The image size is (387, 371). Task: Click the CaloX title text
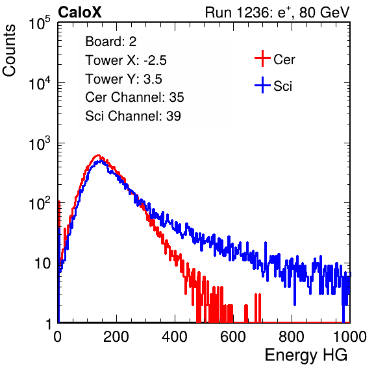tap(80, 12)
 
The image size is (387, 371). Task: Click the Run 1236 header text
tap(277, 12)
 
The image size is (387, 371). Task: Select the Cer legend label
tap(284, 60)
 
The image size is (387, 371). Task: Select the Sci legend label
tap(282, 86)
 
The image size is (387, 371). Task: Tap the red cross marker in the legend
tap(262, 58)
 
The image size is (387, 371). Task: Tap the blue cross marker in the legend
tap(262, 85)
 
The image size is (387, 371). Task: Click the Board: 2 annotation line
tap(111, 42)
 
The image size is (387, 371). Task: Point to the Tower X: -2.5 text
tap(126, 60)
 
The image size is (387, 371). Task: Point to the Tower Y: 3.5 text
tap(123, 79)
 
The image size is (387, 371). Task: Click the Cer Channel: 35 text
tap(134, 97)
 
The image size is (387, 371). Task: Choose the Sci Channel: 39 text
tap(133, 115)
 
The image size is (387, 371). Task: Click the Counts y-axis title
tap(9, 51)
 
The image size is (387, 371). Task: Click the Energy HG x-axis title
tap(306, 355)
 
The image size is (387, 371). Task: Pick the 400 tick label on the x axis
tap(175, 337)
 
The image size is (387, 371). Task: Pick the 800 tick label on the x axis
tap(292, 337)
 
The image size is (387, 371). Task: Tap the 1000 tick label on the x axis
tap(350, 337)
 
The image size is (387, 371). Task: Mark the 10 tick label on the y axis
tap(43, 263)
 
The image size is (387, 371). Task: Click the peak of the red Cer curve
tap(98, 155)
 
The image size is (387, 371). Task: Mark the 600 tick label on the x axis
tap(233, 337)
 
